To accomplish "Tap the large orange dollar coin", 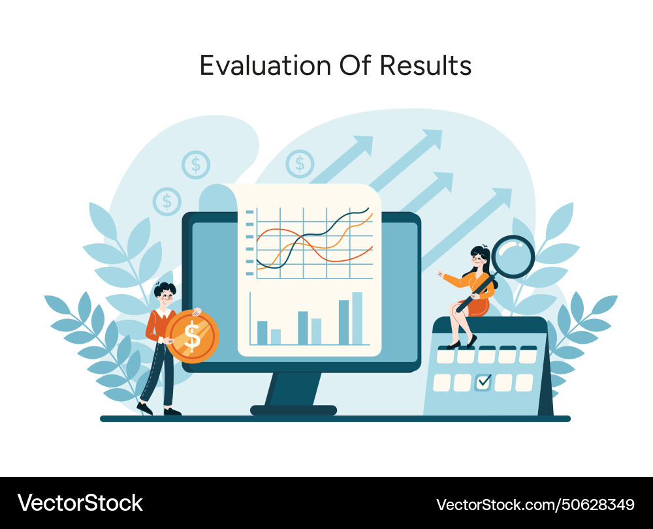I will click(192, 336).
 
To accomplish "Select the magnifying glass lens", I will click(513, 257).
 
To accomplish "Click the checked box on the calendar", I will click(483, 382).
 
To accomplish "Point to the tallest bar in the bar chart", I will click(357, 318).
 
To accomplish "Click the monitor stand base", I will click(293, 410).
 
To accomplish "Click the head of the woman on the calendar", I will click(479, 256).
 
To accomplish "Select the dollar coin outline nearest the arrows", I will click(300, 163).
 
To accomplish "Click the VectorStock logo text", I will click(80, 503).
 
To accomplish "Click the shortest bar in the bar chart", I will click(276, 336).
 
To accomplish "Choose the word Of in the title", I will click(355, 66).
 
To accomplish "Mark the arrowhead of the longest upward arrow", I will click(432, 138).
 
